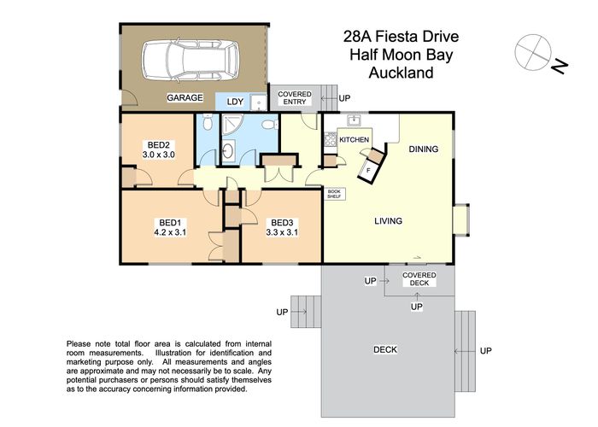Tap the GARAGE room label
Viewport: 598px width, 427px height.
(x=185, y=98)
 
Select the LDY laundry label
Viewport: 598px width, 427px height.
(x=235, y=102)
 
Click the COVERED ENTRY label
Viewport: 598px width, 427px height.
(x=295, y=98)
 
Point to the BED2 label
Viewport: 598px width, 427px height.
(x=158, y=144)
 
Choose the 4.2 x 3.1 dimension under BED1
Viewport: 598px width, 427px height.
(x=170, y=231)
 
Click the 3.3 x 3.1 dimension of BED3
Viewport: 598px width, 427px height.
(x=281, y=231)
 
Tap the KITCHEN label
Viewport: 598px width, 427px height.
(x=354, y=139)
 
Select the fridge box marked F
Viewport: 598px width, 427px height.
(x=368, y=169)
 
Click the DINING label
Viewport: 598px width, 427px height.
(x=423, y=149)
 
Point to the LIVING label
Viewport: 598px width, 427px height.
(x=388, y=221)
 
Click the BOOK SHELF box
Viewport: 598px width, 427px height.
(x=335, y=194)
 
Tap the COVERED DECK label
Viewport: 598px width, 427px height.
(x=419, y=279)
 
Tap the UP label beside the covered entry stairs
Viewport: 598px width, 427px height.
(x=345, y=98)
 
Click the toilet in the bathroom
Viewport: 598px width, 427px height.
(x=268, y=126)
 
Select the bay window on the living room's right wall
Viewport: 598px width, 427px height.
(x=462, y=219)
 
